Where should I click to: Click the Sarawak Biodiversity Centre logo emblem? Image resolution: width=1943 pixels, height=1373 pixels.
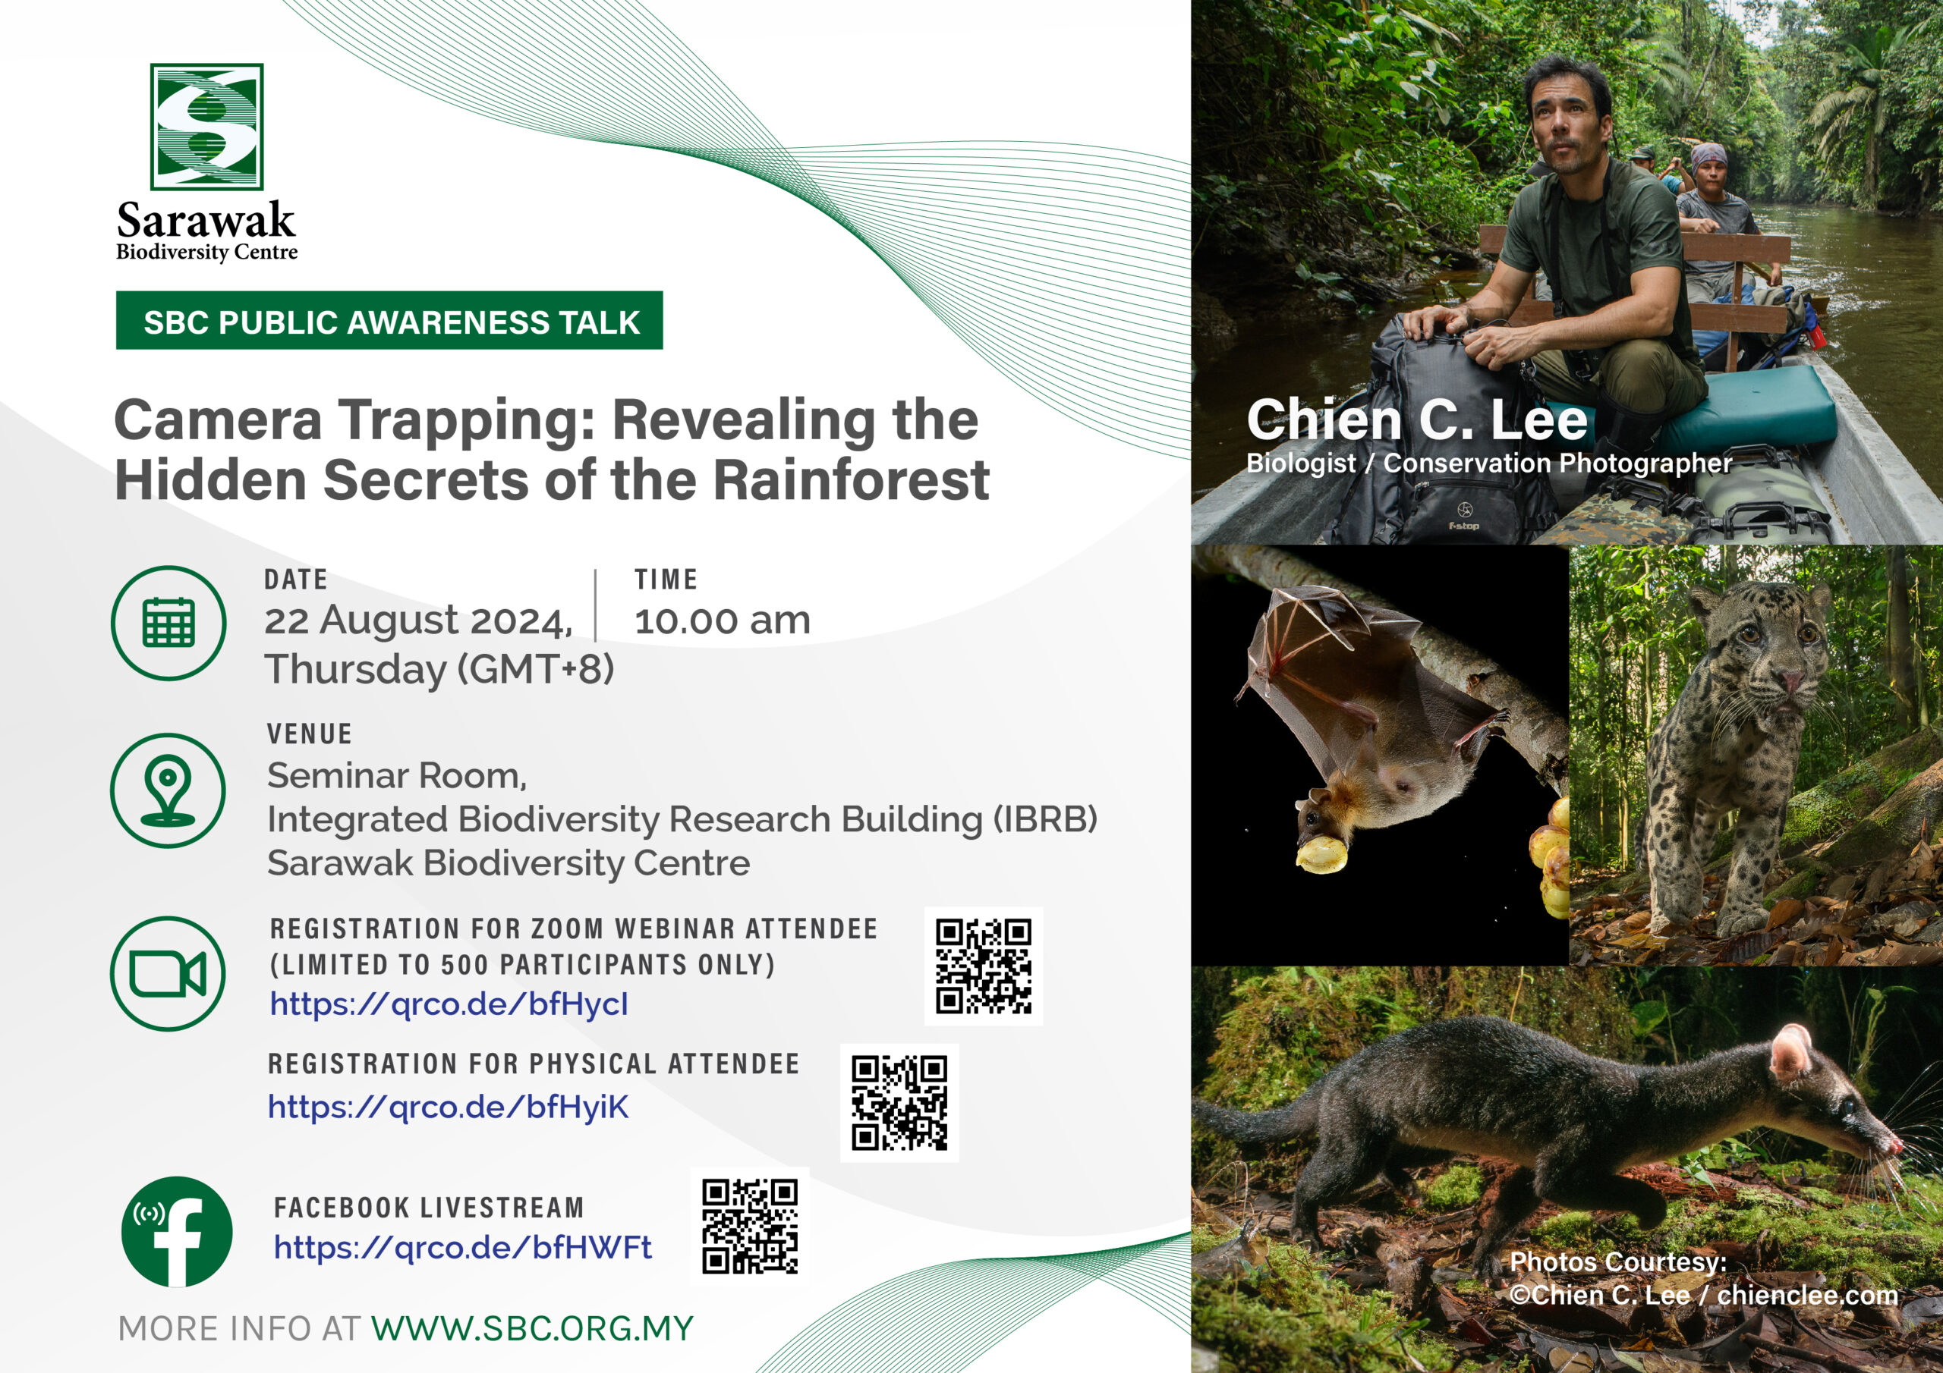click(x=206, y=127)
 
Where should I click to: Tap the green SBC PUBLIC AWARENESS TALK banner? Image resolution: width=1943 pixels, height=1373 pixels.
click(x=389, y=321)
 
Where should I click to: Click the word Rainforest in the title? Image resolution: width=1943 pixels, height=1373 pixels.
click(x=852, y=479)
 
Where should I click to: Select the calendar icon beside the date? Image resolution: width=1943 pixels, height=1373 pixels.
click(x=168, y=623)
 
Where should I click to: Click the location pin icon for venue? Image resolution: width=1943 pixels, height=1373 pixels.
click(x=168, y=790)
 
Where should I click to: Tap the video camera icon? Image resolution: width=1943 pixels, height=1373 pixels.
click(x=168, y=974)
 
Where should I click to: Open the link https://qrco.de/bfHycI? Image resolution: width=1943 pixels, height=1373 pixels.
click(x=449, y=1004)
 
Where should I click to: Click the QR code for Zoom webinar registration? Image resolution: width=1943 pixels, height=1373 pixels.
click(x=984, y=966)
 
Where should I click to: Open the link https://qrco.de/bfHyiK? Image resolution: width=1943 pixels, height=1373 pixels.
click(x=449, y=1107)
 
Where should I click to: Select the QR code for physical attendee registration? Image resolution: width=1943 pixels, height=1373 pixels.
click(x=899, y=1102)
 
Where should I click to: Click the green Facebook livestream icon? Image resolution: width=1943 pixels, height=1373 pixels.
click(x=177, y=1232)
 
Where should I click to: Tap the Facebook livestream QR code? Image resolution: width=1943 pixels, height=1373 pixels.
click(x=750, y=1227)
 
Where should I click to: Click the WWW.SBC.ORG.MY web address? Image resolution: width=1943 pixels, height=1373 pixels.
click(x=532, y=1328)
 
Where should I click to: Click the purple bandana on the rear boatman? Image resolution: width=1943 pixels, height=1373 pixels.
click(x=1708, y=156)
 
